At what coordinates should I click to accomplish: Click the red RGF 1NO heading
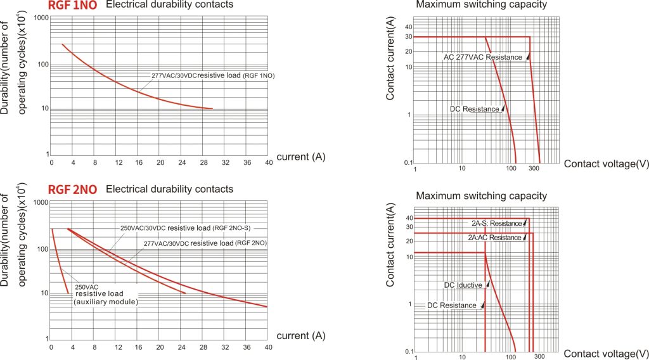[x=73, y=6]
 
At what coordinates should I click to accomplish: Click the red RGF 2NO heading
[x=73, y=190]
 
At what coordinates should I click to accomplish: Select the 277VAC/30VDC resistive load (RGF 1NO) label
[x=212, y=76]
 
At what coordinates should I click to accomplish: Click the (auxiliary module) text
[x=106, y=302]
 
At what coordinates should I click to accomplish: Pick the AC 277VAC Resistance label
[x=483, y=57]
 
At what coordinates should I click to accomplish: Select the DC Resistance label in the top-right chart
[x=474, y=109]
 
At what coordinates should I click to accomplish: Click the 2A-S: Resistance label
[x=496, y=223]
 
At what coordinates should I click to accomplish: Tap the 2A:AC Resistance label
[x=494, y=238]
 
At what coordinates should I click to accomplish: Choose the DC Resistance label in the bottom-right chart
[x=451, y=305]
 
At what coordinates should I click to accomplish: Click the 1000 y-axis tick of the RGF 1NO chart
[x=39, y=17]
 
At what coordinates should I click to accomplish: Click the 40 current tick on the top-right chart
[x=409, y=27]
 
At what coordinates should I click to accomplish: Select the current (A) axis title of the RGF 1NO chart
[x=301, y=157]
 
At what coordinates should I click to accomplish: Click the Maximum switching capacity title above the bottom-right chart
[x=481, y=196]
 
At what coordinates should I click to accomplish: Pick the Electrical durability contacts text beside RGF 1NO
[x=169, y=5]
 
